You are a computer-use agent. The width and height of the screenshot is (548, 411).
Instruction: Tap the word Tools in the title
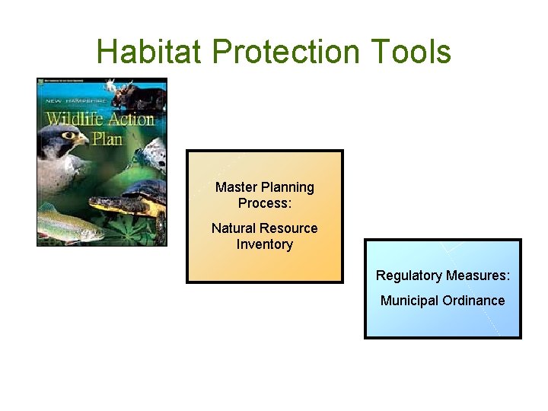click(412, 52)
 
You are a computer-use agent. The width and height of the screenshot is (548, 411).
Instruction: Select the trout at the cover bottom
click(68, 226)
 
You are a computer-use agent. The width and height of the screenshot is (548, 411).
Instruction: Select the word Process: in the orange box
click(264, 203)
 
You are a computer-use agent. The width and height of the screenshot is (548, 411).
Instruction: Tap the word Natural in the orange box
click(234, 228)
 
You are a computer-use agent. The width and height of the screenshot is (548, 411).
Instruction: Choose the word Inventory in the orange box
click(264, 244)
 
